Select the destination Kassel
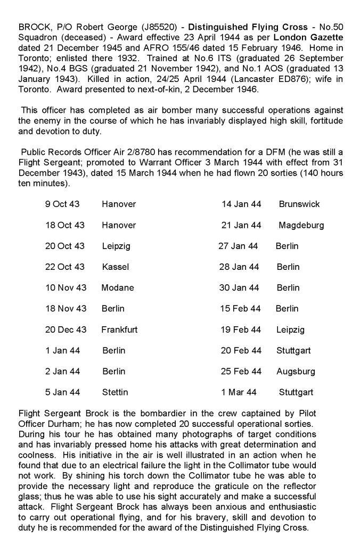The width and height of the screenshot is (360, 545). [x=116, y=267]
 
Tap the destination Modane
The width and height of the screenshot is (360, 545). [x=118, y=288]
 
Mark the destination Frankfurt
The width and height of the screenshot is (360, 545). [x=119, y=330]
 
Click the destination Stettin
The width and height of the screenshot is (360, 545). [x=115, y=393]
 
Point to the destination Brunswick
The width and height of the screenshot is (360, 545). [x=299, y=204]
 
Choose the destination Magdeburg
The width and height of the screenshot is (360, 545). [x=301, y=225]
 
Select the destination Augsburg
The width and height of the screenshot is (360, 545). [x=296, y=371]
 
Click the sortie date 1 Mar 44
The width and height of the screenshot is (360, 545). [x=239, y=393]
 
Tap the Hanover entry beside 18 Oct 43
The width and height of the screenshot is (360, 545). [x=119, y=225]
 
